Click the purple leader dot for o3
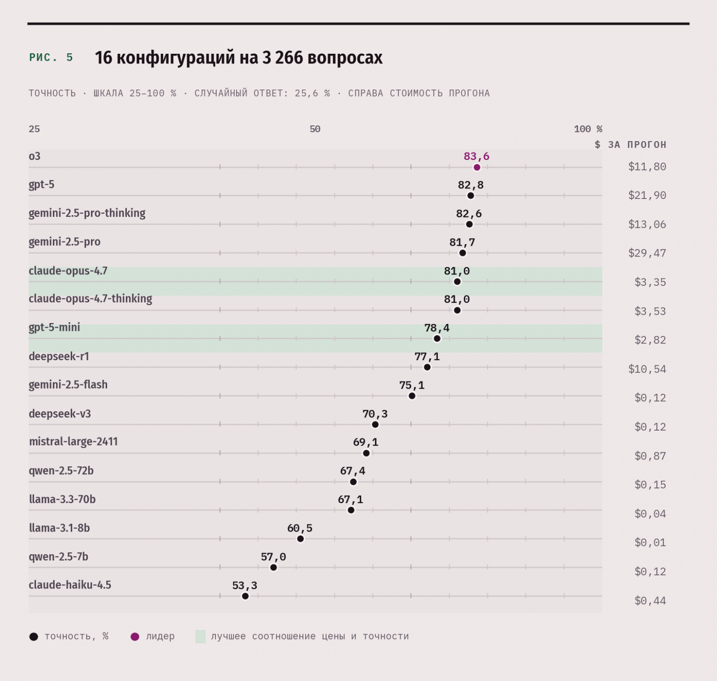click(477, 167)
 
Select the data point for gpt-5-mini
click(437, 339)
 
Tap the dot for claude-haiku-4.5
click(245, 596)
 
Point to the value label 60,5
click(300, 528)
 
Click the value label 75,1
click(412, 385)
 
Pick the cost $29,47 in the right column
click(647, 253)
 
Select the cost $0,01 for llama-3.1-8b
click(650, 542)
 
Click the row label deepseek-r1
click(59, 357)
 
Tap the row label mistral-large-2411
click(74, 442)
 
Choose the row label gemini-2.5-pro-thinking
click(87, 213)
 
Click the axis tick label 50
click(315, 129)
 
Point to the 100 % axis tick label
click(588, 129)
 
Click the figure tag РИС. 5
click(51, 57)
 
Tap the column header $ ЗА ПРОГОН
click(630, 145)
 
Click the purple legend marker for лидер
click(135, 637)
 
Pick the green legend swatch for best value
click(200, 636)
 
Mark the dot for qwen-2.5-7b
click(273, 567)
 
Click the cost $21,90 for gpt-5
click(647, 195)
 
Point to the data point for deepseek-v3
click(375, 425)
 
